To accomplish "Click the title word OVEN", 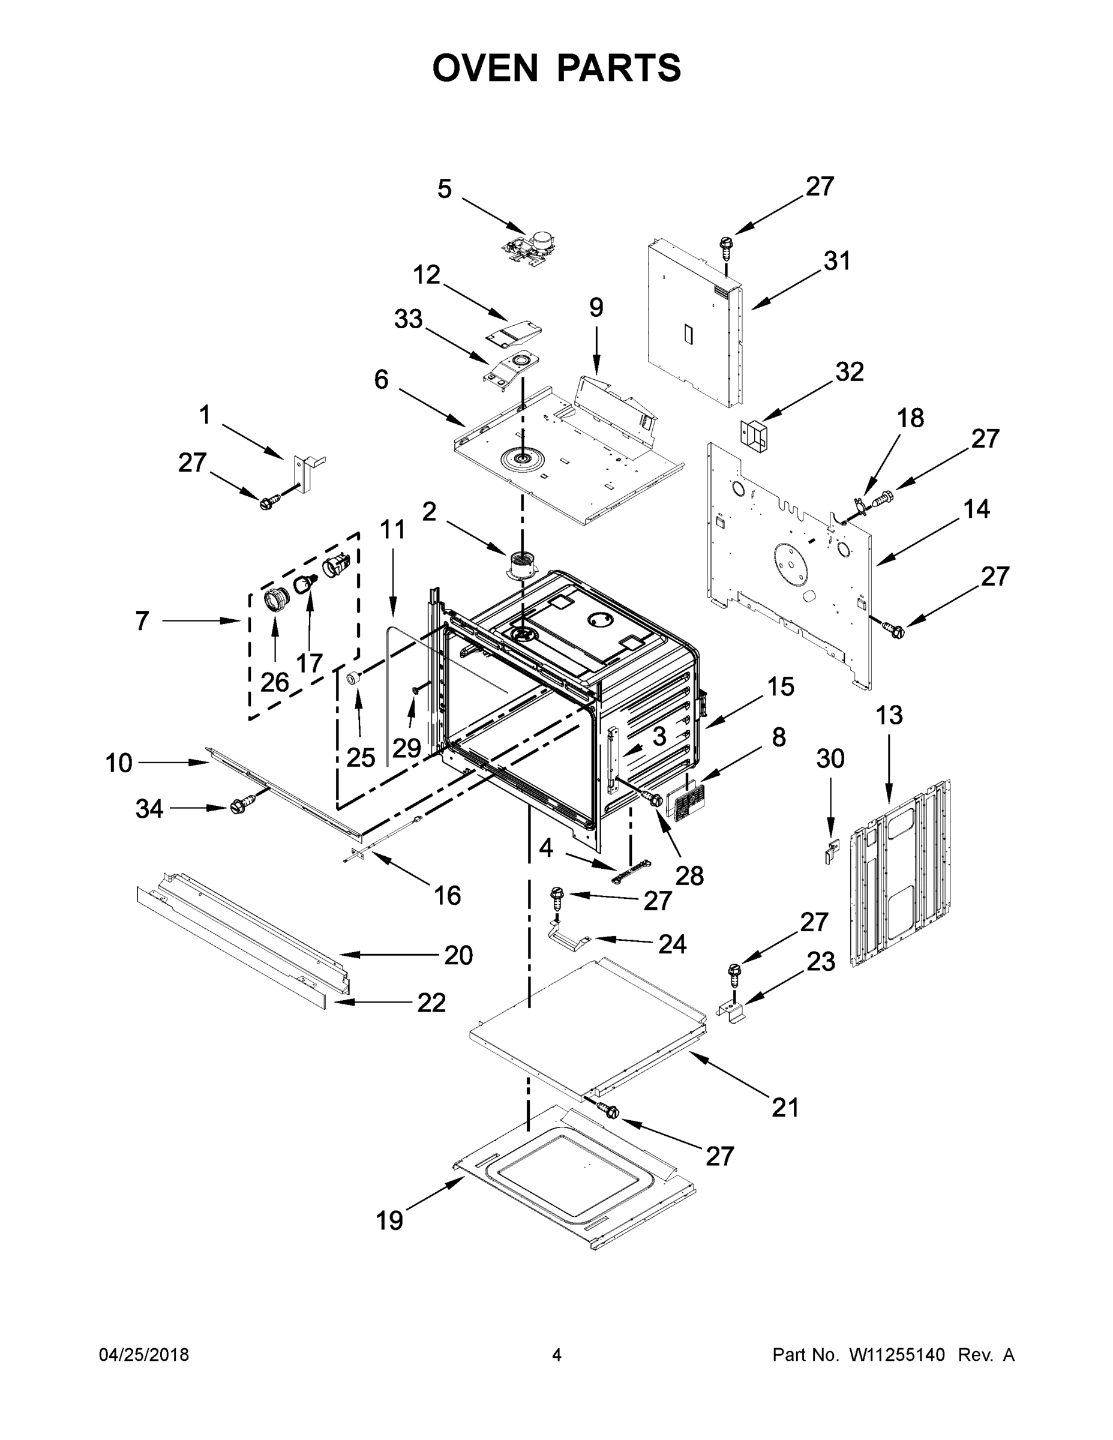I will pos(485,68).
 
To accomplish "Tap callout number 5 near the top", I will pos(445,189).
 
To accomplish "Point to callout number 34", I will pos(149,808).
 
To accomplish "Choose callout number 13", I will pos(889,715).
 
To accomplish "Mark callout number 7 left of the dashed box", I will pos(142,620).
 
